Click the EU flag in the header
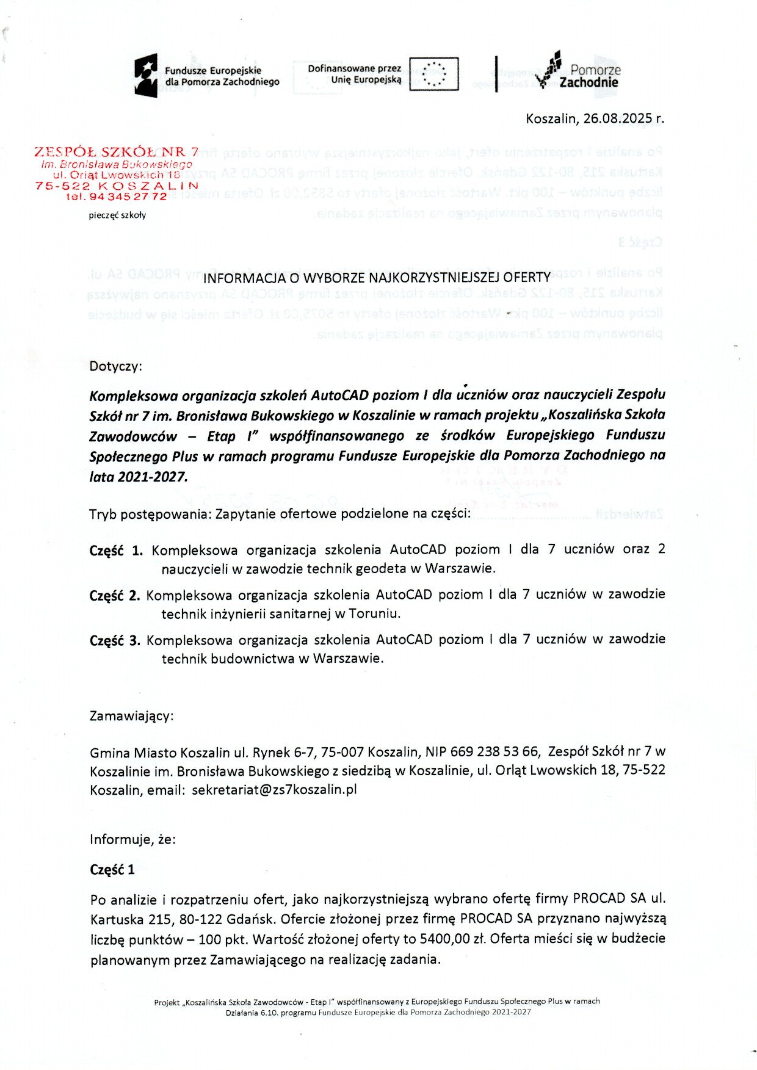click(433, 74)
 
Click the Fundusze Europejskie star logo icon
click(146, 76)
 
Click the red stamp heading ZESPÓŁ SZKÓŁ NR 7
click(116, 151)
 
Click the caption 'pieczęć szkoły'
click(117, 215)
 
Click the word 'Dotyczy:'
click(115, 366)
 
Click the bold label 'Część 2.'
click(115, 595)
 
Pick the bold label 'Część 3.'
click(115, 640)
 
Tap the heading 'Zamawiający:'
click(131, 715)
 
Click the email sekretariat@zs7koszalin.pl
click(274, 789)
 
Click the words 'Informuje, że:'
click(132, 839)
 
